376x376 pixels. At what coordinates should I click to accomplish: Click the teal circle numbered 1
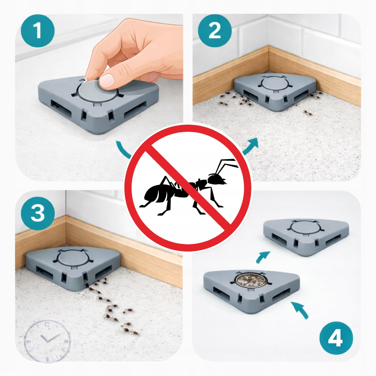(38, 31)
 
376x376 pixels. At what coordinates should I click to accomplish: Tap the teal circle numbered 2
(214, 31)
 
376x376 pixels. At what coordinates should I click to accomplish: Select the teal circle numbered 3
(38, 213)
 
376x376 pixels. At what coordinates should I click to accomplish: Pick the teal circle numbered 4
(336, 338)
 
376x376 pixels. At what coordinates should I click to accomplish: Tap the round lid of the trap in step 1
(97, 91)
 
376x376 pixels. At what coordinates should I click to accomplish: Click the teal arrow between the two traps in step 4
(263, 257)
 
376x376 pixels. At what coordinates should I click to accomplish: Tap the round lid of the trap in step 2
(274, 83)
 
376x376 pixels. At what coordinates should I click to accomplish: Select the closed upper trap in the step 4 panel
(306, 236)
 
